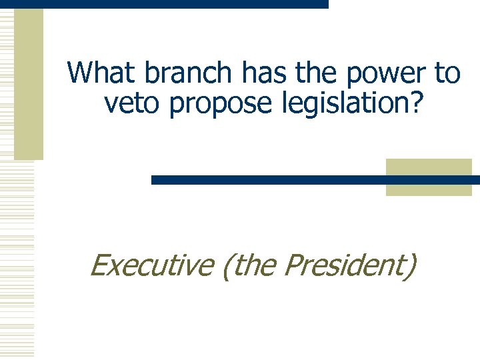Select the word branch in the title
[x=173, y=73]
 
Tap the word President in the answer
[x=345, y=265]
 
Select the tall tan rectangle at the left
[x=28, y=83]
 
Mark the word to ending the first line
[x=447, y=73]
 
